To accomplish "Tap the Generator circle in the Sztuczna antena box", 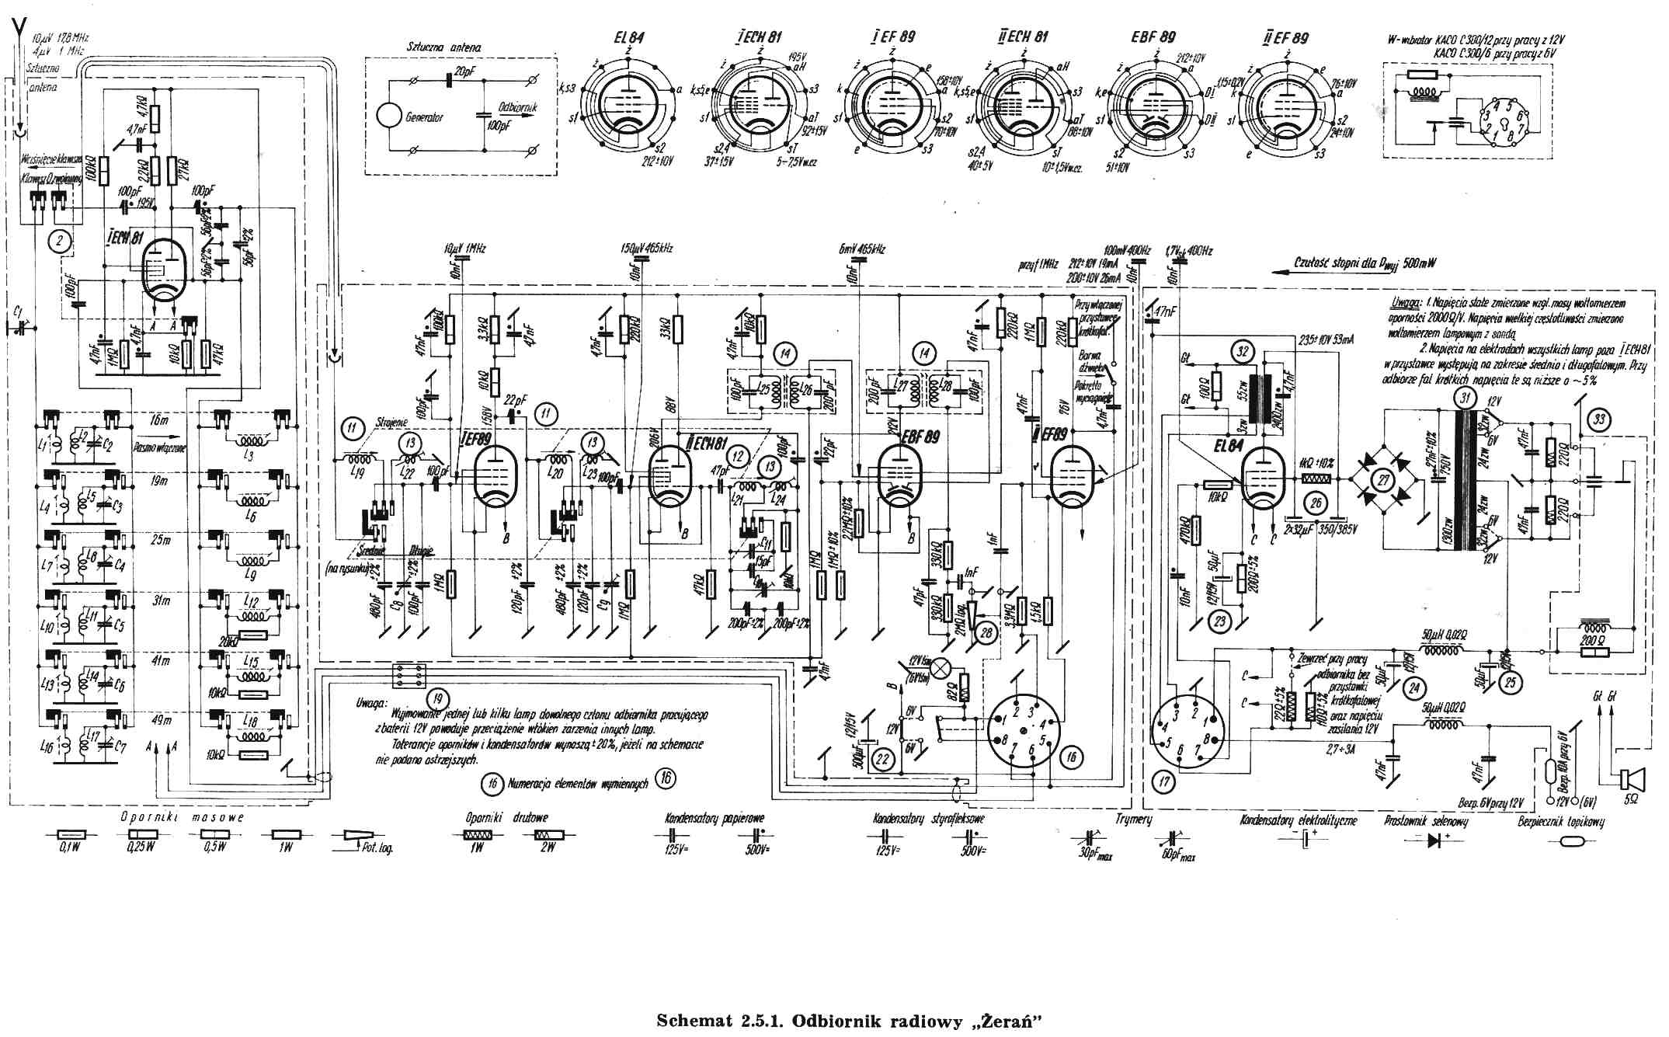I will point(390,117).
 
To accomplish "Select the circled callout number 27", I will point(1383,479).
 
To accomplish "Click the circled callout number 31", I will point(1466,398).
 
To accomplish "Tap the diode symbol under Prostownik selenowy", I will point(1436,840).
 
